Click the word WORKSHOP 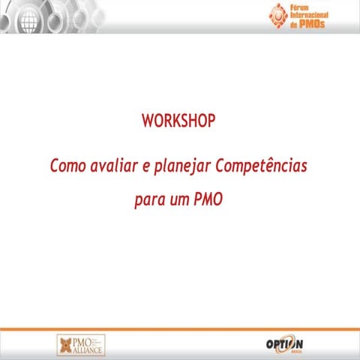pyautogui.click(x=178, y=121)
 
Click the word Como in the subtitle pyautogui.click(x=67, y=165)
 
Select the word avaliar pyautogui.click(x=113, y=165)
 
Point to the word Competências pyautogui.click(x=261, y=165)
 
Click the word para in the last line pyautogui.click(x=149, y=201)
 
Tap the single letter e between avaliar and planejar pyautogui.click(x=145, y=166)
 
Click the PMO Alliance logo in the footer pyautogui.click(x=81, y=344)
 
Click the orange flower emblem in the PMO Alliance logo pyautogui.click(x=66, y=345)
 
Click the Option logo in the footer pyautogui.click(x=284, y=344)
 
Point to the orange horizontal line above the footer pyautogui.click(x=180, y=329)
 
